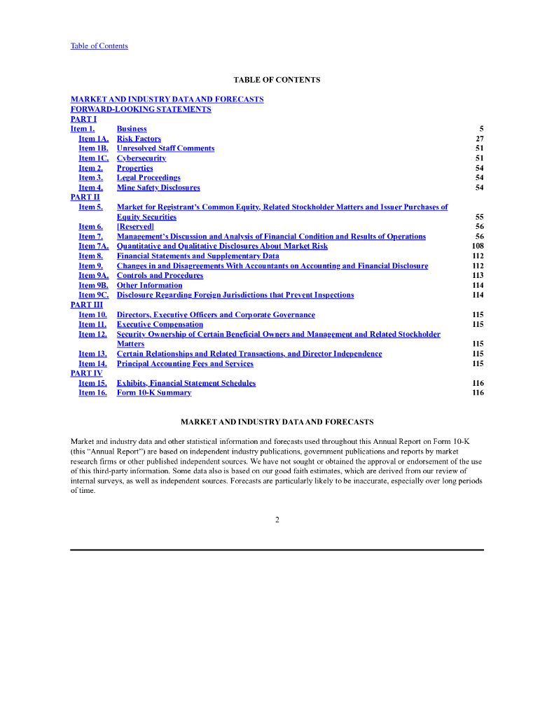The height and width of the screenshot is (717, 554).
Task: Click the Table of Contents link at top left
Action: [x=99, y=46]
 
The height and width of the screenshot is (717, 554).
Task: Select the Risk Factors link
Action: [x=139, y=139]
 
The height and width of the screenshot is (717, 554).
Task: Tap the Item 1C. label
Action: [x=93, y=158]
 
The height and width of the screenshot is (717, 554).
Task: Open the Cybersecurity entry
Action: [x=141, y=158]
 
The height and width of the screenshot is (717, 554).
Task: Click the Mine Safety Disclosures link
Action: [x=158, y=188]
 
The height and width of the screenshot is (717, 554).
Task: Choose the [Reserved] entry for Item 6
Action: [x=135, y=227]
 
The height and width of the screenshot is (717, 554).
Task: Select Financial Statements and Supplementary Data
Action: [x=198, y=256]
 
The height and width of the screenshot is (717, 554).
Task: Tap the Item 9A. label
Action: [x=93, y=276]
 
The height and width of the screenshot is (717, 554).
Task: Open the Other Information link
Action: [x=149, y=286]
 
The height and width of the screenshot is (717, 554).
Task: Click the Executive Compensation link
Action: [x=160, y=325]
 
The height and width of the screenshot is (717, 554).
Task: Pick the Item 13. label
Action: [x=92, y=354]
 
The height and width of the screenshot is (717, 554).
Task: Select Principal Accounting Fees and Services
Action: [x=185, y=364]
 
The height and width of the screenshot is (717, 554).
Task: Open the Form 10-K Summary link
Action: [x=154, y=394]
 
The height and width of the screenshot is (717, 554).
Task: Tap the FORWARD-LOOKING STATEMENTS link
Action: [x=141, y=109]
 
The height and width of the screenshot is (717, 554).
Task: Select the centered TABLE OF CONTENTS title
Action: [x=277, y=80]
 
